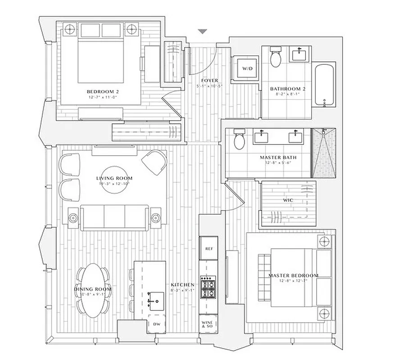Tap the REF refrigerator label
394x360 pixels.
208,248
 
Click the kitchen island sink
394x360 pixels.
156,297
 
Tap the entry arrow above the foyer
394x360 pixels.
203,31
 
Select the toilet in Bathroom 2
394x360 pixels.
276,58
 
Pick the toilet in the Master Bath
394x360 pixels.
239,141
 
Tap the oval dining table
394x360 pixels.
92,288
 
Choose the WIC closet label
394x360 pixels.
289,199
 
